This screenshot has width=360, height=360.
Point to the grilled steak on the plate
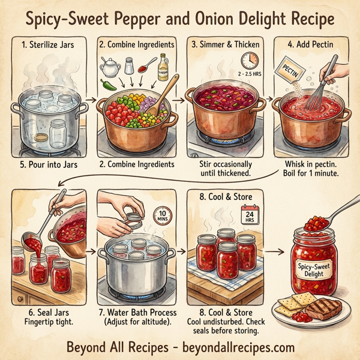(x=323, y=308)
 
